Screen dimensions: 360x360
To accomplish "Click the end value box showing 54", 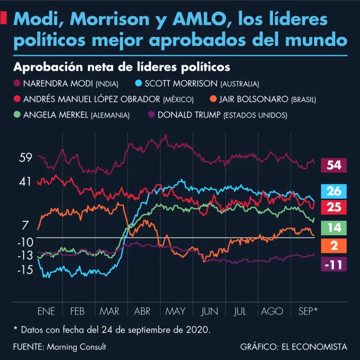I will point(334,165).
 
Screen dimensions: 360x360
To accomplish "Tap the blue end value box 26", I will point(334,191).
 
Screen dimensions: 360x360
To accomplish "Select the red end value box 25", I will point(334,207).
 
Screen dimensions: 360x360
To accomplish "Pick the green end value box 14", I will point(334,228).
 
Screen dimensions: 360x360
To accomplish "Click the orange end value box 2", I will point(334,245).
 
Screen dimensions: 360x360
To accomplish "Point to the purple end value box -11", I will point(334,264).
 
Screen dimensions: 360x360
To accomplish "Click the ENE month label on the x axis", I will point(46,311).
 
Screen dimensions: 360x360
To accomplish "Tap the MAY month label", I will point(175,311).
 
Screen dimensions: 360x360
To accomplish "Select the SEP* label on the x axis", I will point(308,311).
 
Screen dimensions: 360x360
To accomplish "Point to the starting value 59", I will point(25,157).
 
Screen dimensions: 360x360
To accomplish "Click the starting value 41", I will point(25,181).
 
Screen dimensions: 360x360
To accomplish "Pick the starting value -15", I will point(25,270).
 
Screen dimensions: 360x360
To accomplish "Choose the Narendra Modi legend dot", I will point(17,83).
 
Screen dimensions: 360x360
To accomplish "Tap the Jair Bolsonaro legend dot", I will point(213,99).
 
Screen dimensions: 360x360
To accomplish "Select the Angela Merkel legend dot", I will point(17,114).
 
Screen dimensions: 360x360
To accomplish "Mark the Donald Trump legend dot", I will point(151,114).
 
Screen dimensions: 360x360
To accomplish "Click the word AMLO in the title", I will point(198,19).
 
